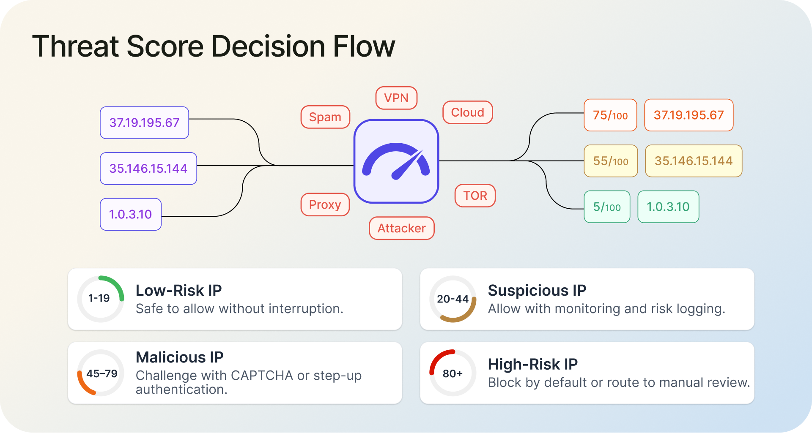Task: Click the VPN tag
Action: point(396,98)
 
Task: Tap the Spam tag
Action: point(325,117)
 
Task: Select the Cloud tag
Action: point(467,112)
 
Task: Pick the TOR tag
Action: point(475,196)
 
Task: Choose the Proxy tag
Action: point(325,204)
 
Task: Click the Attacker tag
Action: point(401,228)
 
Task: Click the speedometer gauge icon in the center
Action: point(396,161)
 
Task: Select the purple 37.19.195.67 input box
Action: point(144,123)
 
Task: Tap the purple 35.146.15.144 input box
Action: point(148,169)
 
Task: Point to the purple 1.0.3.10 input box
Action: point(130,214)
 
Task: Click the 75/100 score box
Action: point(610,115)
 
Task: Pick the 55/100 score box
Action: point(610,161)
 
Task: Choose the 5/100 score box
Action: point(606,207)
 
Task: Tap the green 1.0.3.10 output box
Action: point(668,207)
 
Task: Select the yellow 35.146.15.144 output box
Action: point(693,161)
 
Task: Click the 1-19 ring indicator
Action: point(100,299)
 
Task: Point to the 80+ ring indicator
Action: point(453,373)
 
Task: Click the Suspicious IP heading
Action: point(537,291)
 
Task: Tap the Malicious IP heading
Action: point(179,357)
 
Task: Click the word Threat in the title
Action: point(75,46)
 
